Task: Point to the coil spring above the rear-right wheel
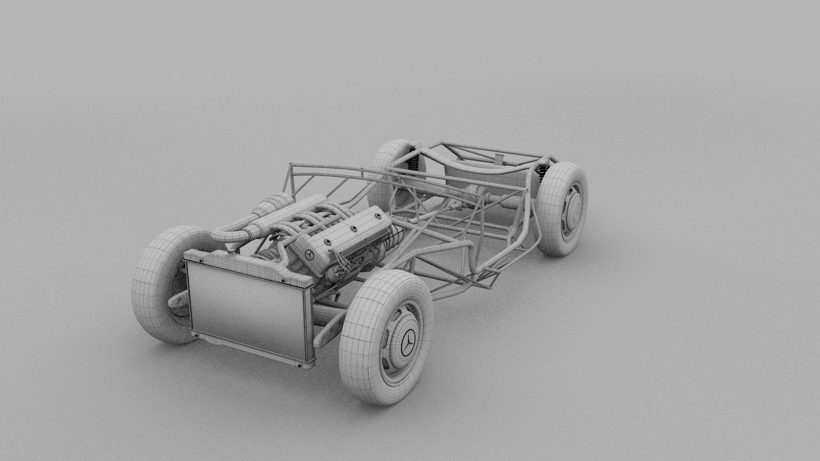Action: (542, 170)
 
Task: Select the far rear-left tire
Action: (387, 171)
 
